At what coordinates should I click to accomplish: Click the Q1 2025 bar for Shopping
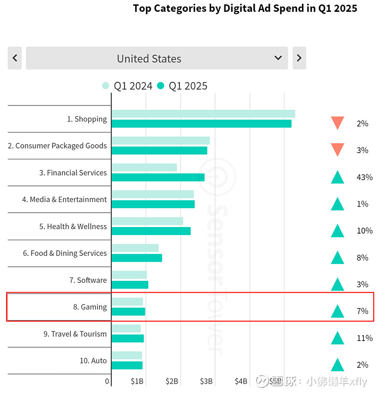pos(201,123)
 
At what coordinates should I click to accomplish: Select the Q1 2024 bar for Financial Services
pos(144,167)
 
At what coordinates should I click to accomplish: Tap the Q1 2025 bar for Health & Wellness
pos(151,231)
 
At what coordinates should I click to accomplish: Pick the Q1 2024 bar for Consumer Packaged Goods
pos(161,140)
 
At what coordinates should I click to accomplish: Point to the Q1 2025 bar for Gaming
pos(128,311)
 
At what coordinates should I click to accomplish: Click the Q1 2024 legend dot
pos(106,86)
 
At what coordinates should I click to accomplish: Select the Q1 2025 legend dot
pos(161,86)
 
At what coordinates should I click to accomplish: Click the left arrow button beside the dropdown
pos(15,58)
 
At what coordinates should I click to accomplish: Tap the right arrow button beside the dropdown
pos(299,58)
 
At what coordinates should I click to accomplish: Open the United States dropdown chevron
pos(278,58)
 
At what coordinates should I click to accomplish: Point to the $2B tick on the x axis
pos(172,381)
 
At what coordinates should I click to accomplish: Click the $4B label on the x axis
pos(241,381)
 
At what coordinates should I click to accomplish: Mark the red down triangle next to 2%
pos(337,123)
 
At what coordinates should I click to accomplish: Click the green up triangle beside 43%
pos(337,177)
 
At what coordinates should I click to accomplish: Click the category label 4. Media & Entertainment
pos(64,200)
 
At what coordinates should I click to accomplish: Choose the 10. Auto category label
pos(93,361)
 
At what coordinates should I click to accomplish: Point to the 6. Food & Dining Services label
pos(65,253)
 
